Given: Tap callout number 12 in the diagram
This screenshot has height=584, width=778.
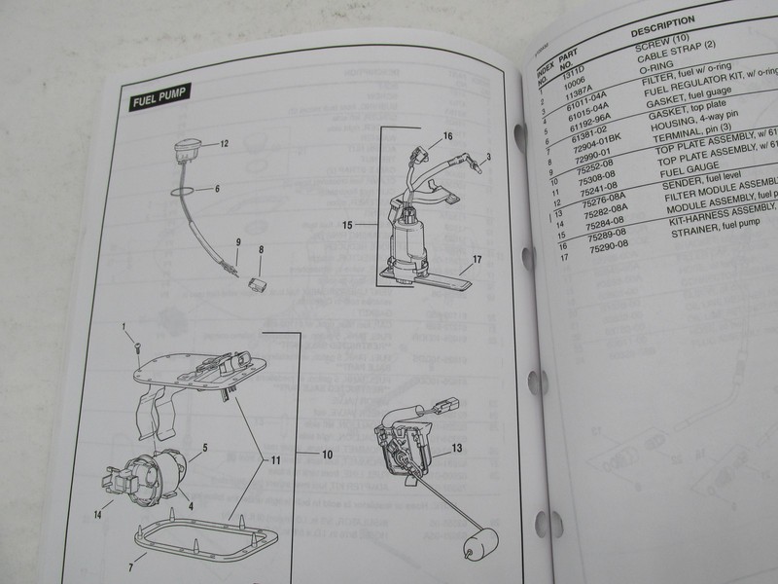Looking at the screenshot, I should [224, 143].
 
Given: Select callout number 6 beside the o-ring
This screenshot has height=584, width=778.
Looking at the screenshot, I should [217, 188].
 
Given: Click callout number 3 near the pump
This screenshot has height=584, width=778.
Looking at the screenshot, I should [488, 156].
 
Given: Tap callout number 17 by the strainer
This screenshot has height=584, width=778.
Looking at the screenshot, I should [477, 260].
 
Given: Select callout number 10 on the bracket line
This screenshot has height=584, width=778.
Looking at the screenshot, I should [328, 454].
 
